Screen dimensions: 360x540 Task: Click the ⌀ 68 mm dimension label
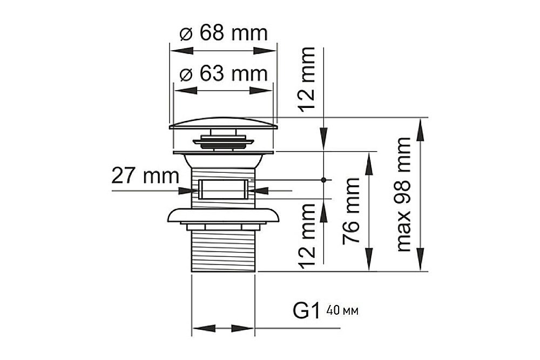223,33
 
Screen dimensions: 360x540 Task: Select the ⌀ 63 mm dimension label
223,73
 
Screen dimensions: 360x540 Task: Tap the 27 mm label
145,175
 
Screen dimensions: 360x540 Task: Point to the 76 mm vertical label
352,210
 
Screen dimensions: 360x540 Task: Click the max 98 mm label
403,194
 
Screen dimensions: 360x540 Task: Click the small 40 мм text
342,311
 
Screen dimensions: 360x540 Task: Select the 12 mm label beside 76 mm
307,236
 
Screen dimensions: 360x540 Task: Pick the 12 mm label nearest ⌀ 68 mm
307,79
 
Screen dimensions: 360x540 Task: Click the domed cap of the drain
223,124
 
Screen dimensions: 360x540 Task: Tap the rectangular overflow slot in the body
223,189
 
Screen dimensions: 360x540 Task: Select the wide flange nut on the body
223,215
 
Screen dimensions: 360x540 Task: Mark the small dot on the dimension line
323,179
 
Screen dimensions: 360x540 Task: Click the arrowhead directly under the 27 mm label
190,190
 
